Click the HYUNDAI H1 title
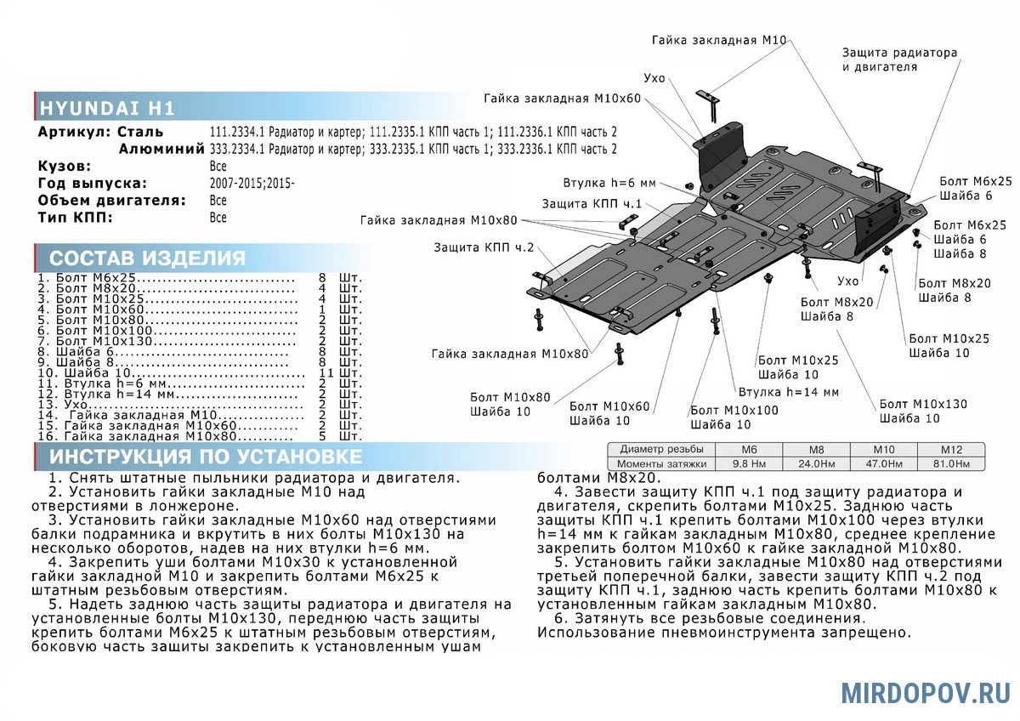107,108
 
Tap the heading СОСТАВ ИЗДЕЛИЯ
147,258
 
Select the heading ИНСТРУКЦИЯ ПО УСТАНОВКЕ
205,457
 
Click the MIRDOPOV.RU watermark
926,693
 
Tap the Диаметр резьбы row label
661,449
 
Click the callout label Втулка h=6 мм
609,184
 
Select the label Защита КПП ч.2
483,247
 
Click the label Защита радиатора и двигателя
899,60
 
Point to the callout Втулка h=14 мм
788,392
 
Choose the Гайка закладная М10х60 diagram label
562,99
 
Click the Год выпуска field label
93,184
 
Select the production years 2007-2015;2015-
252,184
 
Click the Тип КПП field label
75,218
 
